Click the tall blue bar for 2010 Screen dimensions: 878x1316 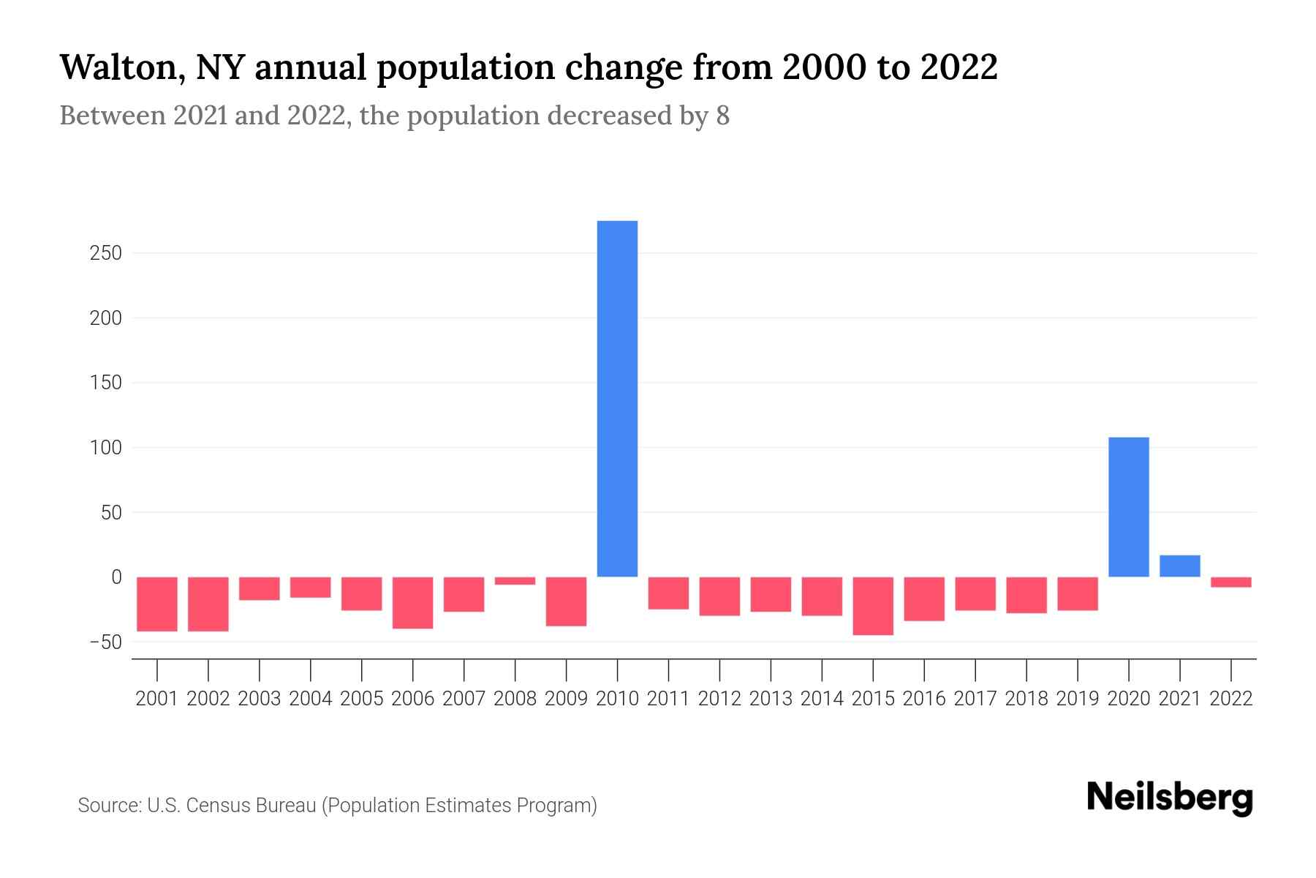point(617,399)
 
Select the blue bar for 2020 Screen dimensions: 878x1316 point(1128,507)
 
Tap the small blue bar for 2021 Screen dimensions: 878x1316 point(1179,566)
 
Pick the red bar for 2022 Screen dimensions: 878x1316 point(1230,582)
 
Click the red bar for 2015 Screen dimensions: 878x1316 point(873,606)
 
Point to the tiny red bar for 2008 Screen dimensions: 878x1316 point(515,581)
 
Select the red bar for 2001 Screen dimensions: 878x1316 point(157,604)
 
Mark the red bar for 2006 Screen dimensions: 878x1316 point(412,603)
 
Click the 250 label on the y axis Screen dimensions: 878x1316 point(106,254)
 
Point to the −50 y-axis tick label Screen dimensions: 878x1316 point(105,642)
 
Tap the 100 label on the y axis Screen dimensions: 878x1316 point(106,448)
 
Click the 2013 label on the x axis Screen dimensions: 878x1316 point(770,699)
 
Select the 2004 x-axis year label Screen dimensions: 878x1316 point(310,699)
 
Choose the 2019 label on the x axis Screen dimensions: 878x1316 point(1077,699)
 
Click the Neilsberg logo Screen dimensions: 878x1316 point(1170,798)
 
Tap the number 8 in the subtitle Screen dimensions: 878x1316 point(722,116)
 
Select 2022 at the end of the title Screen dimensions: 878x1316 point(958,68)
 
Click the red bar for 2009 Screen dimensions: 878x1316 point(566,601)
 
